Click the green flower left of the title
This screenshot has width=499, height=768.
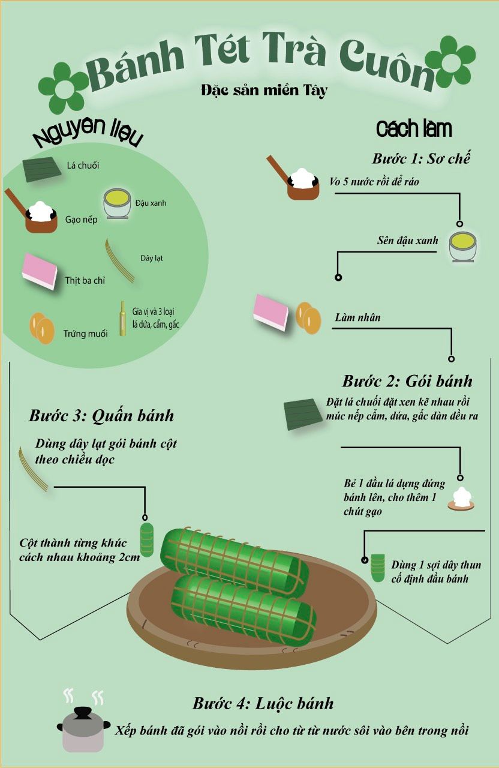[62, 88]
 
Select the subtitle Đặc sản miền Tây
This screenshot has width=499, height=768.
[264, 91]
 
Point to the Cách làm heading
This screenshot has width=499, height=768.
[414, 129]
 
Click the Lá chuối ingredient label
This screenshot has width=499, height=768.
[83, 166]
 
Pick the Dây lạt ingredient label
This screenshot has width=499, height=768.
[152, 258]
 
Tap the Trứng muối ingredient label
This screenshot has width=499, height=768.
[85, 334]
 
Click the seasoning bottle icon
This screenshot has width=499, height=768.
[122, 319]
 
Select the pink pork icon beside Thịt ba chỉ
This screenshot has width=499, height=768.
[40, 271]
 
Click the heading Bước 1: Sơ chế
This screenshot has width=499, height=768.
[421, 159]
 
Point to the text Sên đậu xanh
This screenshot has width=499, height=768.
[407, 241]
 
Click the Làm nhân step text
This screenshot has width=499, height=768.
[357, 317]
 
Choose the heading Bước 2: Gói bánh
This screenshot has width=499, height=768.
[407, 381]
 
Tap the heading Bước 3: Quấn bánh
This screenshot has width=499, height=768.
[101, 416]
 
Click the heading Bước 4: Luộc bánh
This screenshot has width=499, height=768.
[263, 704]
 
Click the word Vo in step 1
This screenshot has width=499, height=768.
[335, 182]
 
